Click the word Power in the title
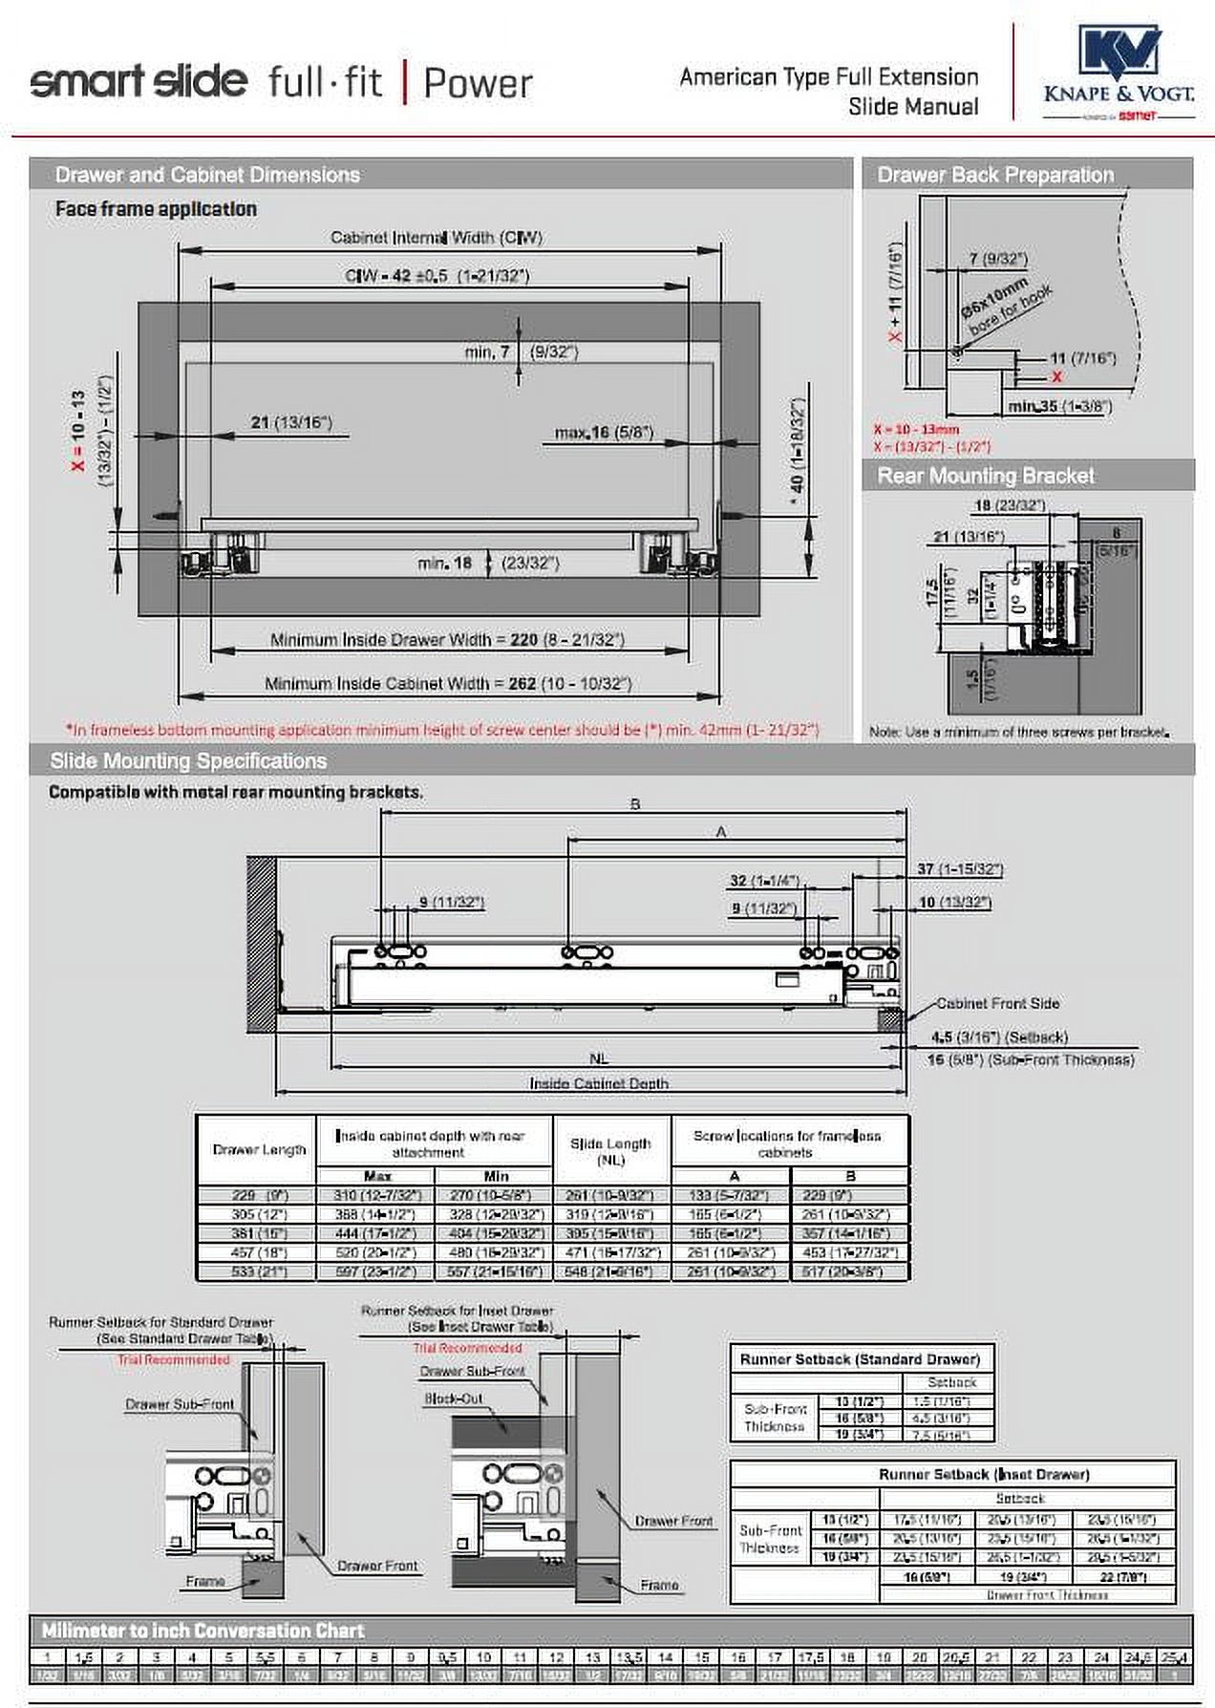pyautogui.click(x=478, y=83)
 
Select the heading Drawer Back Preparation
pyautogui.click(x=994, y=175)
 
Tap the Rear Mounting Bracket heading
pyautogui.click(x=985, y=476)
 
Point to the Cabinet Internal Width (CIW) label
pyautogui.click(x=436, y=237)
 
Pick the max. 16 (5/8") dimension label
pyautogui.click(x=604, y=433)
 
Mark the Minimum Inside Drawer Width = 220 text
pyautogui.click(x=446, y=639)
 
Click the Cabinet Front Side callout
pyautogui.click(x=997, y=1003)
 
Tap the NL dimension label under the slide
pyautogui.click(x=598, y=1058)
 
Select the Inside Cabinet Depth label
pyautogui.click(x=599, y=1083)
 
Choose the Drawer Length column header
pyautogui.click(x=259, y=1149)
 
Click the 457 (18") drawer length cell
pyautogui.click(x=259, y=1252)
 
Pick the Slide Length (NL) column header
pyautogui.click(x=610, y=1151)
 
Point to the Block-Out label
pyautogui.click(x=454, y=1398)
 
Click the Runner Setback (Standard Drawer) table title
pyautogui.click(x=860, y=1359)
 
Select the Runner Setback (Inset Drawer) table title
pyautogui.click(x=983, y=1474)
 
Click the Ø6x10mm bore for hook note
pyautogui.click(x=1005, y=309)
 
